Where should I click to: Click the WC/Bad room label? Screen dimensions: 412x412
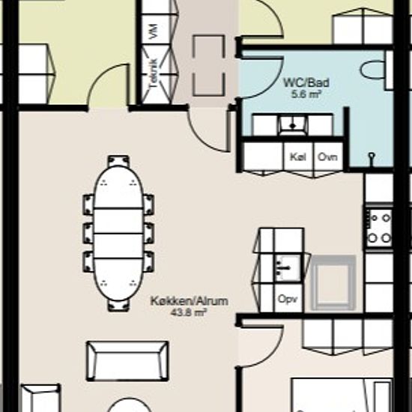[x=306, y=82]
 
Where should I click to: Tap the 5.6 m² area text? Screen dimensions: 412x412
[x=306, y=94]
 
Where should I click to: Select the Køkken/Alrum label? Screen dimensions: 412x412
[x=190, y=301]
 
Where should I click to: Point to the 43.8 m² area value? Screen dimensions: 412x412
[x=188, y=312]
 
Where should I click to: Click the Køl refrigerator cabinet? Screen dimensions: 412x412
[x=298, y=157]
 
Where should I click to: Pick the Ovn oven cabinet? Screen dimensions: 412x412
[x=328, y=157]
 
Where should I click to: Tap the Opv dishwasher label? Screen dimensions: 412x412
[x=288, y=300]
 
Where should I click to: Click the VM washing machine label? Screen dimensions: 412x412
[x=154, y=31]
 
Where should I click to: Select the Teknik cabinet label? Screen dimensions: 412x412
[x=153, y=74]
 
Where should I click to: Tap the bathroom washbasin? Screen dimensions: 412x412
[x=293, y=125]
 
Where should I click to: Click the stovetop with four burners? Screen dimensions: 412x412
[x=379, y=228]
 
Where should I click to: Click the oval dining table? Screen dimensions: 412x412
[x=118, y=233]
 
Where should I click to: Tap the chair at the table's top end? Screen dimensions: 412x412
[x=118, y=161]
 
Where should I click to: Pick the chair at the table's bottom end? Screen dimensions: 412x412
[x=118, y=306]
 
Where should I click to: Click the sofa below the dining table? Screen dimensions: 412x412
[x=127, y=361]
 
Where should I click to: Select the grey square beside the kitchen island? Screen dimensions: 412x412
[x=333, y=282]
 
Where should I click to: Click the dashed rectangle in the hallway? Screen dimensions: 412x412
[x=209, y=65]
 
